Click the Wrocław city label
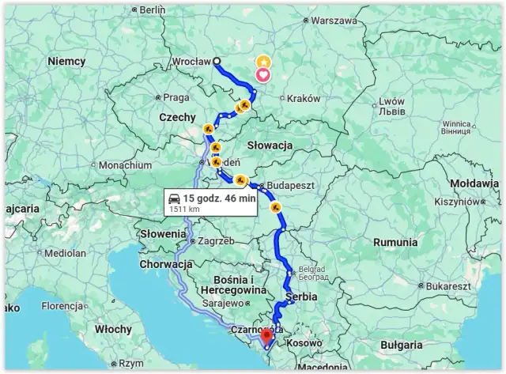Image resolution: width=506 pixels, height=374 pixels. click(x=191, y=61)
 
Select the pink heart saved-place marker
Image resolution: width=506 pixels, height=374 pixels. click(x=262, y=75)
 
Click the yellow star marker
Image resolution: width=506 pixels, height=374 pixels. click(x=262, y=61)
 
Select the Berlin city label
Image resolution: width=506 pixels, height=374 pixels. click(x=152, y=10)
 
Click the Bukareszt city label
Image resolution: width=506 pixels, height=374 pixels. click(x=432, y=285)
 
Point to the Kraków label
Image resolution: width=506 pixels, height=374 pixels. click(x=304, y=99)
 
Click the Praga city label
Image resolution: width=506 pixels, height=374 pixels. click(x=176, y=98)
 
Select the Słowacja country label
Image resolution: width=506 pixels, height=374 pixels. click(x=270, y=145)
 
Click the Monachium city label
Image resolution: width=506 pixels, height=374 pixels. click(x=125, y=165)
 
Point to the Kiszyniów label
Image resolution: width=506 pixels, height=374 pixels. click(x=457, y=202)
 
